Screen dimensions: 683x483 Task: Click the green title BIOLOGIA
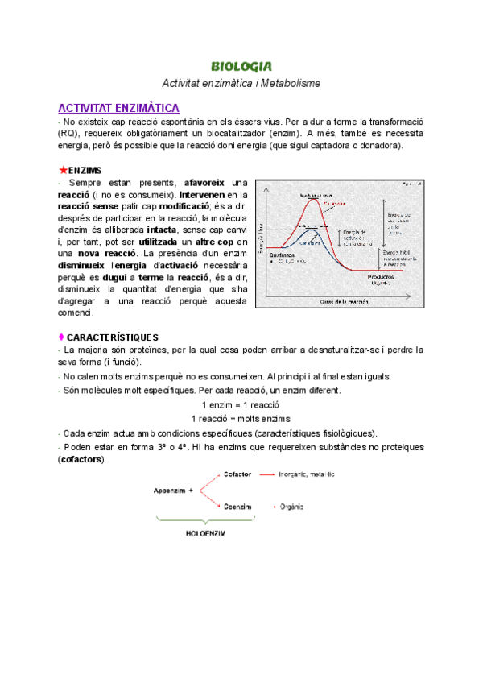(x=241, y=66)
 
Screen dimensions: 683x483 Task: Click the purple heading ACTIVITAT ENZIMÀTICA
(x=118, y=108)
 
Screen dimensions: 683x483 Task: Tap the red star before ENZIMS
(x=63, y=171)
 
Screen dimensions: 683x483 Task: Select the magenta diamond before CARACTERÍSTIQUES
(x=62, y=337)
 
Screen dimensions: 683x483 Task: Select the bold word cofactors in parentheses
(x=82, y=459)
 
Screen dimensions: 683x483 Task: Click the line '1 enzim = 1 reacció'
(x=241, y=404)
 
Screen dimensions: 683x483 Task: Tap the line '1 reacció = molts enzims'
(x=241, y=419)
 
